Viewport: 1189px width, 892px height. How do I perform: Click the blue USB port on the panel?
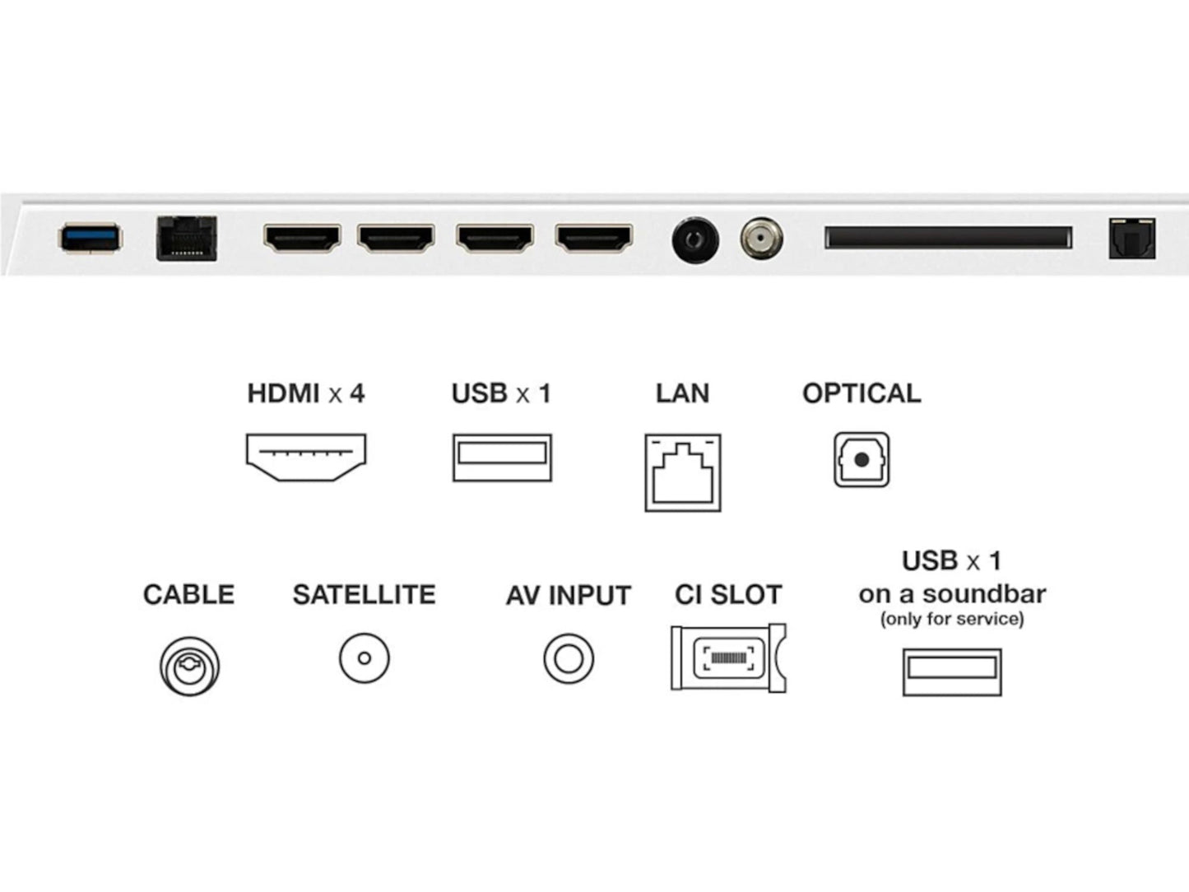pos(90,238)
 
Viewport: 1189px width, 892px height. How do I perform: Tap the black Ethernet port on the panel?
pos(187,239)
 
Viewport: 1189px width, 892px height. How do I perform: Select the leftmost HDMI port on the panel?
pos(302,238)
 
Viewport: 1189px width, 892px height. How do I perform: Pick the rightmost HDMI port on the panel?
pos(593,238)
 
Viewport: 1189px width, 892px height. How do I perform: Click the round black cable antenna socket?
pos(695,240)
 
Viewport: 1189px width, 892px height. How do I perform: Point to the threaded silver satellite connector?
pos(761,239)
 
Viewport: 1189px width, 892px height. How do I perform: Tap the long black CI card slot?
pos(948,238)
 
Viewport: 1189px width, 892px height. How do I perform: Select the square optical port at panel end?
pos(1131,239)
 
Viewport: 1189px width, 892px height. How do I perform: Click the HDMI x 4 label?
pos(305,393)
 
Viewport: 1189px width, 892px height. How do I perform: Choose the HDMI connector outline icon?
pos(306,458)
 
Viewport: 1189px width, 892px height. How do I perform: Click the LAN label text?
pos(682,393)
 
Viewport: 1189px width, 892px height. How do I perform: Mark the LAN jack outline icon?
pos(683,473)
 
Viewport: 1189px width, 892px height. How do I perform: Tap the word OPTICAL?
pos(862,393)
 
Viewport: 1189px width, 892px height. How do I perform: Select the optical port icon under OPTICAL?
pos(862,459)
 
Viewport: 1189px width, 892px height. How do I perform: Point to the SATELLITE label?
pos(364,594)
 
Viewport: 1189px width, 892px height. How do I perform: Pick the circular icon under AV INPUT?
pos(569,658)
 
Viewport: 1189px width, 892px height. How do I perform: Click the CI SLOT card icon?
pos(728,657)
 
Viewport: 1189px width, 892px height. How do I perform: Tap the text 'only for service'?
pos(952,619)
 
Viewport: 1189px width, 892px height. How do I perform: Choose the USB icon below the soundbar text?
pos(952,671)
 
